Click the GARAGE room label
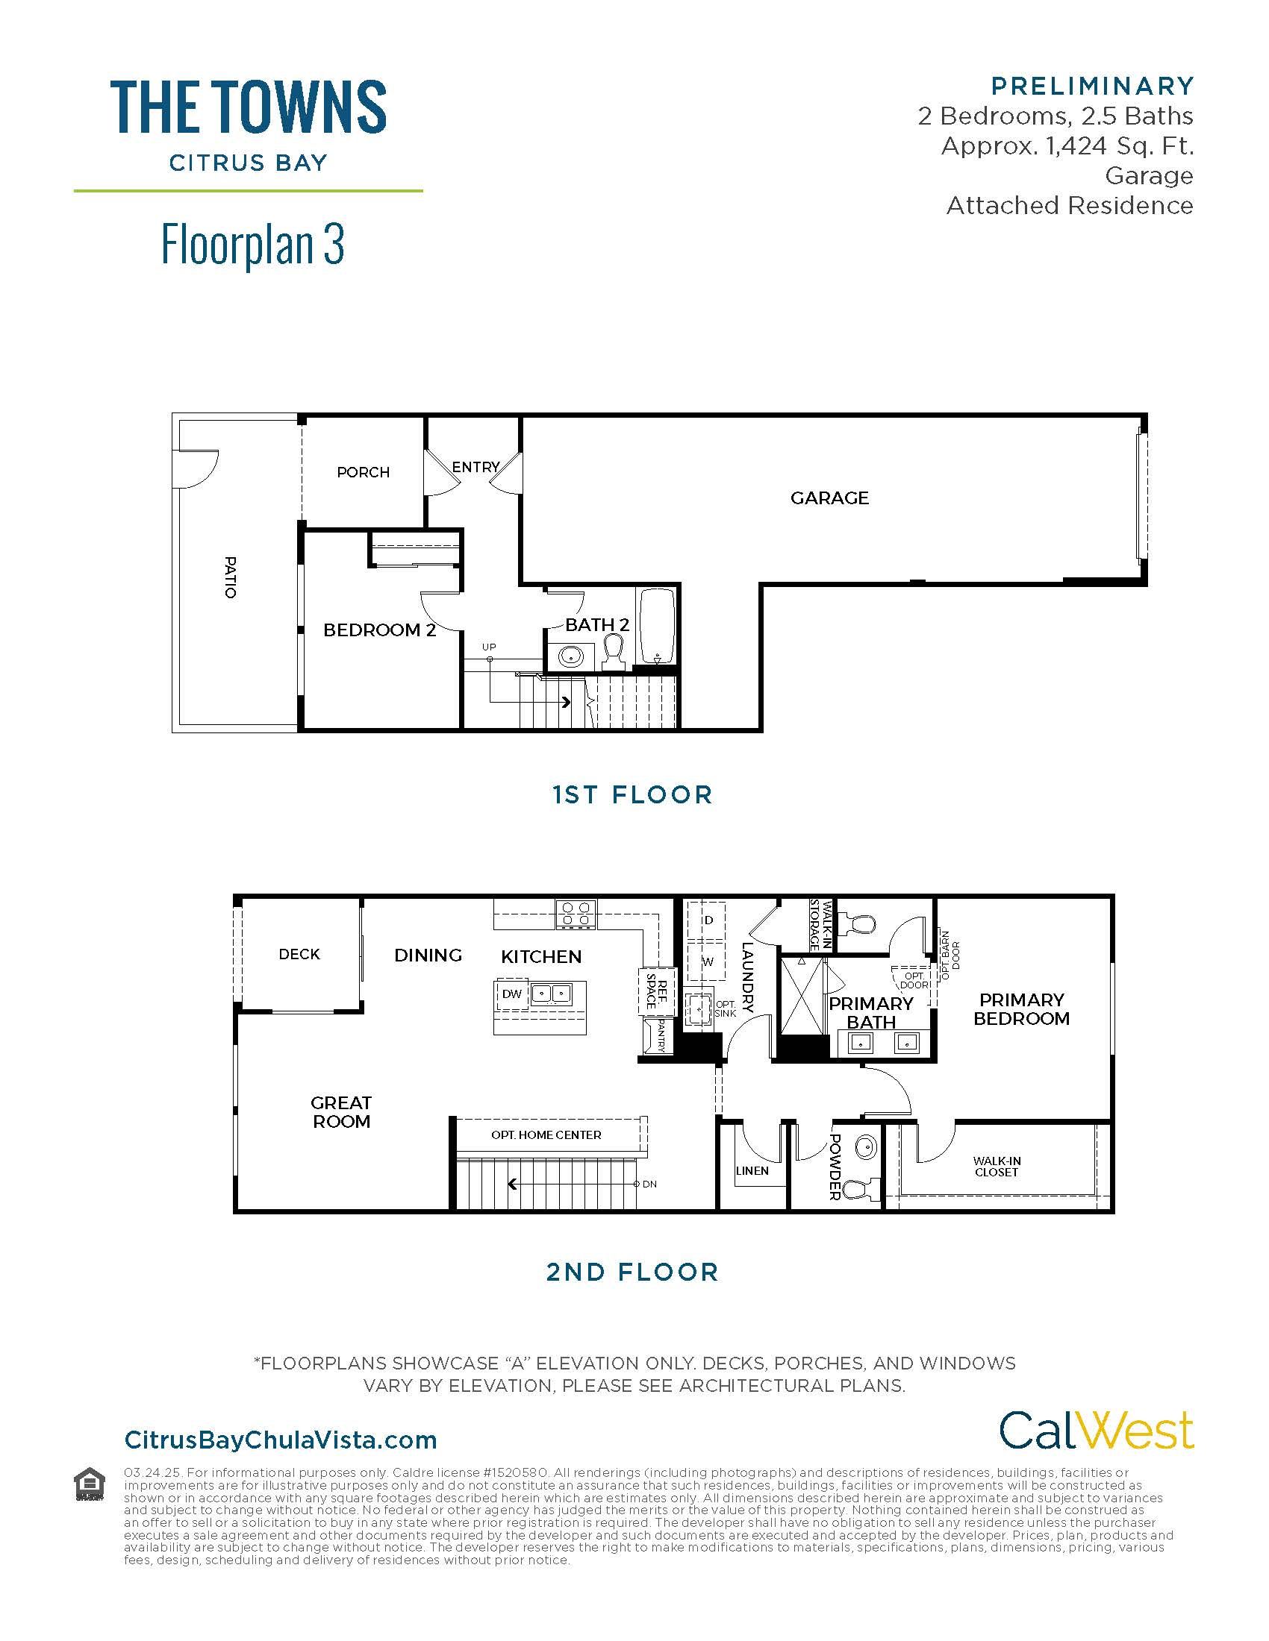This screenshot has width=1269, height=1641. [829, 498]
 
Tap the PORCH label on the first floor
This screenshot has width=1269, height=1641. [363, 472]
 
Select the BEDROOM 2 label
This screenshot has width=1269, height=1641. [380, 630]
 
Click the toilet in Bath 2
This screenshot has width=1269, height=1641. [614, 652]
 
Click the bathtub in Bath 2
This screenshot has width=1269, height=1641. [657, 626]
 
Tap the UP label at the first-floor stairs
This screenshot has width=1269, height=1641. [489, 647]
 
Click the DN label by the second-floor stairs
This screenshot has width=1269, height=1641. [649, 1185]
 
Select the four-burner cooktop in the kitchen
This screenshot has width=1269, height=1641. [576, 914]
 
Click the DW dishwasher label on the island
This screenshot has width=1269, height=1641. [512, 994]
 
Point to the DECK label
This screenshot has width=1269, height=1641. [299, 953]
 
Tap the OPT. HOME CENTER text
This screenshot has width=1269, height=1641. [546, 1135]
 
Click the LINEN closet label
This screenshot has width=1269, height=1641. [752, 1170]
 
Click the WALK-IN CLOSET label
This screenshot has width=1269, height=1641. [996, 1166]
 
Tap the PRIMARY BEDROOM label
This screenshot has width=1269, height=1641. [1021, 1009]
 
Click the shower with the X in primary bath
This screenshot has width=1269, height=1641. [802, 996]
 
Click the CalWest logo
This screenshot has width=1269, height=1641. [1095, 1430]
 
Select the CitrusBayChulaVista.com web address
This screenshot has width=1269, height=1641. [281, 1440]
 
